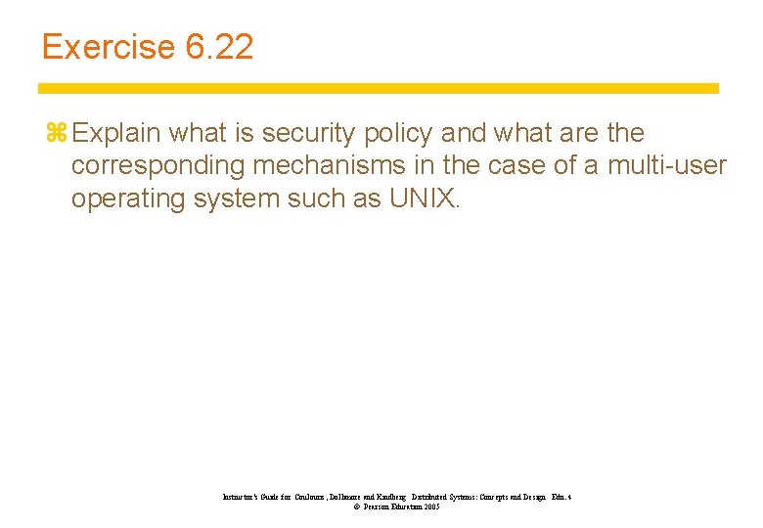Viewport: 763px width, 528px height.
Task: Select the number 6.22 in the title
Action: (x=217, y=47)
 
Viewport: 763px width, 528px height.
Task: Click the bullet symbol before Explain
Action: (x=54, y=133)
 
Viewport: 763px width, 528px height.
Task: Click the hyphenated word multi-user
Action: (x=667, y=165)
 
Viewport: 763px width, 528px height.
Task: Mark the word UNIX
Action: (x=423, y=198)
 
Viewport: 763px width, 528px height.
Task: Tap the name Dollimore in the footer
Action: (x=331, y=498)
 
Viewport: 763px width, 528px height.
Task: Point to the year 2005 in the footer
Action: (x=430, y=507)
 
